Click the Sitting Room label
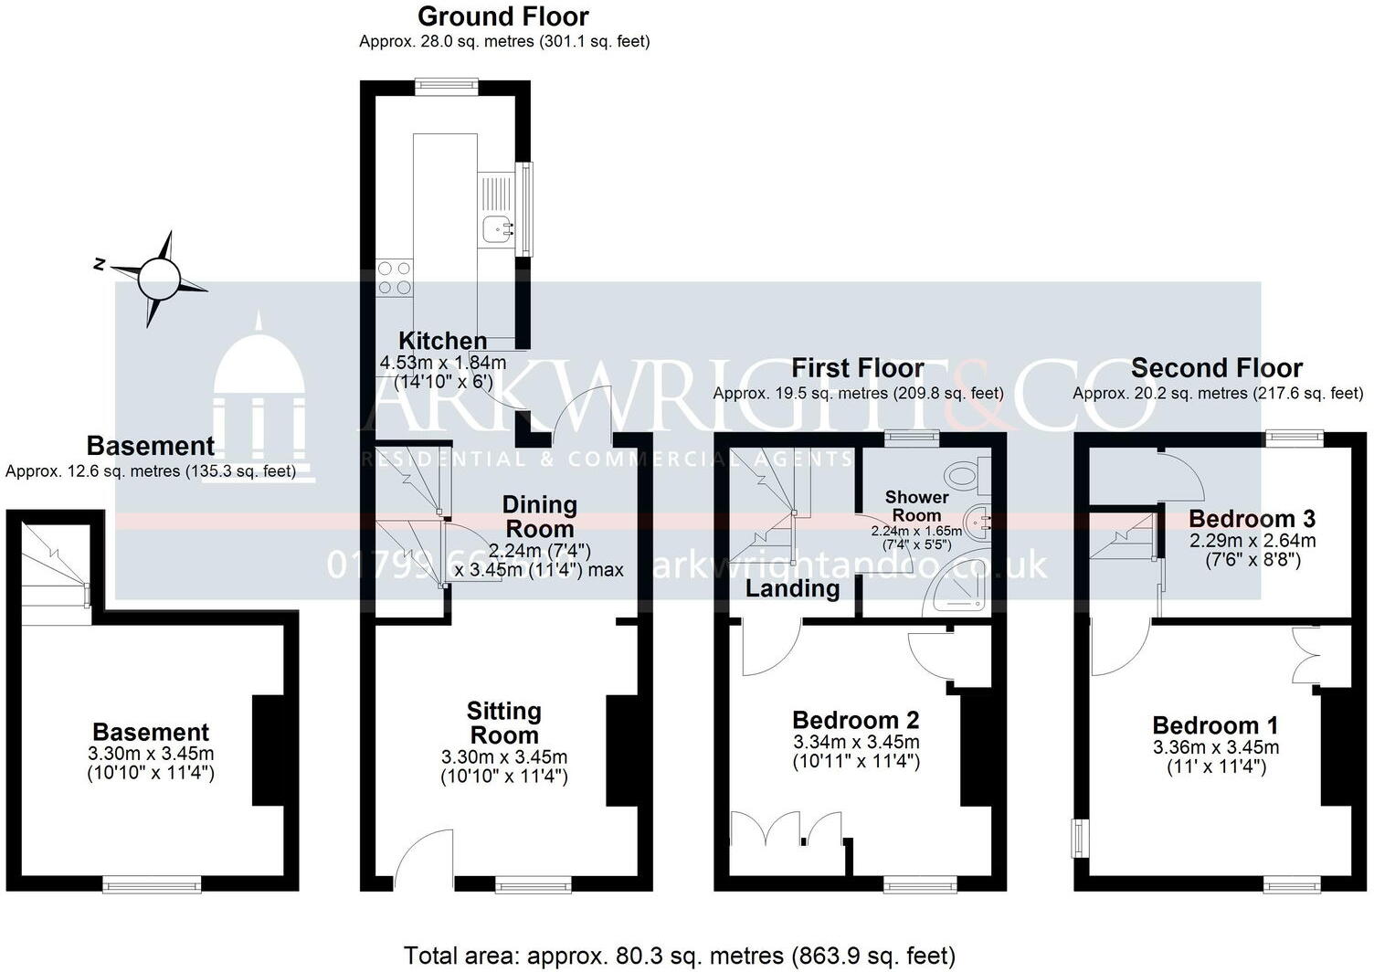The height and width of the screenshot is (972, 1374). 503,724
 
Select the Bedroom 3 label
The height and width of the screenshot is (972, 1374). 1252,519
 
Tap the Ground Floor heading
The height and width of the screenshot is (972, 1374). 502,16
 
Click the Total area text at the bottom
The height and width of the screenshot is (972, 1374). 679,956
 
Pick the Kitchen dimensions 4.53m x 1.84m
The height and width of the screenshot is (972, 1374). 443,363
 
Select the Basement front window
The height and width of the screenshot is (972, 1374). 152,883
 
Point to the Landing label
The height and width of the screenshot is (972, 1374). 792,588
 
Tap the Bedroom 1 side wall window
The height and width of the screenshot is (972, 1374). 1081,838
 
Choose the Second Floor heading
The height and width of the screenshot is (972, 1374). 1216,368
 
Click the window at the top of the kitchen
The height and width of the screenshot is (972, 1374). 447,87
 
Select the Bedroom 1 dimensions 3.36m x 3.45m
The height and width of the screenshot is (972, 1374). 1216,747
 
